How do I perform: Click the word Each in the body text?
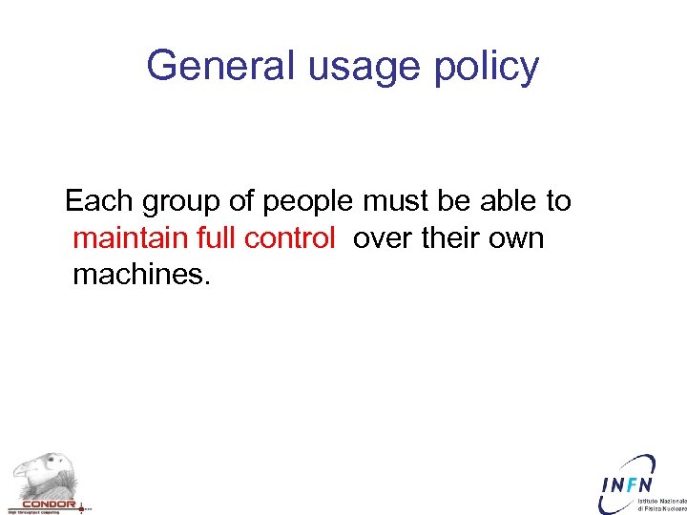[x=100, y=201]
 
